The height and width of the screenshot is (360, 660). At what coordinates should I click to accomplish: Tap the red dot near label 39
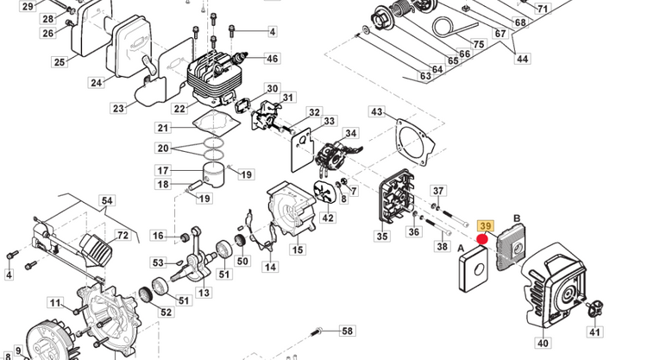481,239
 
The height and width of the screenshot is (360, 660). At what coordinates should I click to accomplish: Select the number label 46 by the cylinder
272,59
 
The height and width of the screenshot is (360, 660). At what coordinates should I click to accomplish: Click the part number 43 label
377,112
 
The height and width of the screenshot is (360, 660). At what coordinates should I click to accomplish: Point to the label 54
107,201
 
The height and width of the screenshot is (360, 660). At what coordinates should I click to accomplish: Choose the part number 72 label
123,235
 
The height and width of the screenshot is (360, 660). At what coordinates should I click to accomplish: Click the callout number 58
347,331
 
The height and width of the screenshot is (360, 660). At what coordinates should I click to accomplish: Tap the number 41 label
595,332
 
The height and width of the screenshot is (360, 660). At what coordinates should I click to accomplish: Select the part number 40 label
542,344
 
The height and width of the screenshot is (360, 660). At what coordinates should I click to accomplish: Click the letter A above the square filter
462,245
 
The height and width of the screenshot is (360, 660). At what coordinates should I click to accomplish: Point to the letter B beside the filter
517,219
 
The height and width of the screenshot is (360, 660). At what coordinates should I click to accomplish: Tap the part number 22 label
179,109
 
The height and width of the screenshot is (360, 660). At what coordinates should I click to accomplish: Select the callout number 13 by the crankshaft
204,293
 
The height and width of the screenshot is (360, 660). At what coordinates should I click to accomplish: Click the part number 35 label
383,237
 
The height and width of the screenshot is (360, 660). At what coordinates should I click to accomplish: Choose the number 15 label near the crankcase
297,250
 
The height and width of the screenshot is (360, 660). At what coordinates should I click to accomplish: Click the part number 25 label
60,62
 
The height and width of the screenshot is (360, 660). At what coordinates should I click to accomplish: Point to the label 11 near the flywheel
55,303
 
